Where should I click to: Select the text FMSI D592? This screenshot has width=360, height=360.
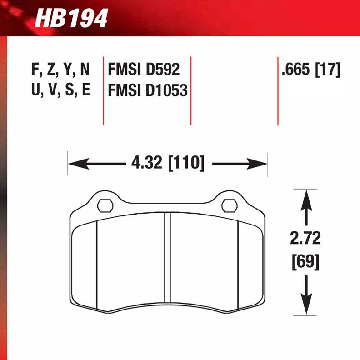[144, 70]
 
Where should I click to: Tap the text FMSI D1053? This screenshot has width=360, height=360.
[147, 90]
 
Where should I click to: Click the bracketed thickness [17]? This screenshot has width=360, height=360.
[327, 70]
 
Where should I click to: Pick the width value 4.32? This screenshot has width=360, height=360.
[147, 162]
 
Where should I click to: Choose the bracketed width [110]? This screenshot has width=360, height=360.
[186, 162]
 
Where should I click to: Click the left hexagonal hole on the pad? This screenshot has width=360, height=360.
[105, 205]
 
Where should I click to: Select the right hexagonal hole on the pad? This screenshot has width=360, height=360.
[230, 205]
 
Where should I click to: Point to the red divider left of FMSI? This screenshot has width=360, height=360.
[103, 91]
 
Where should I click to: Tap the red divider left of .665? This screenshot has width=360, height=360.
[278, 91]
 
